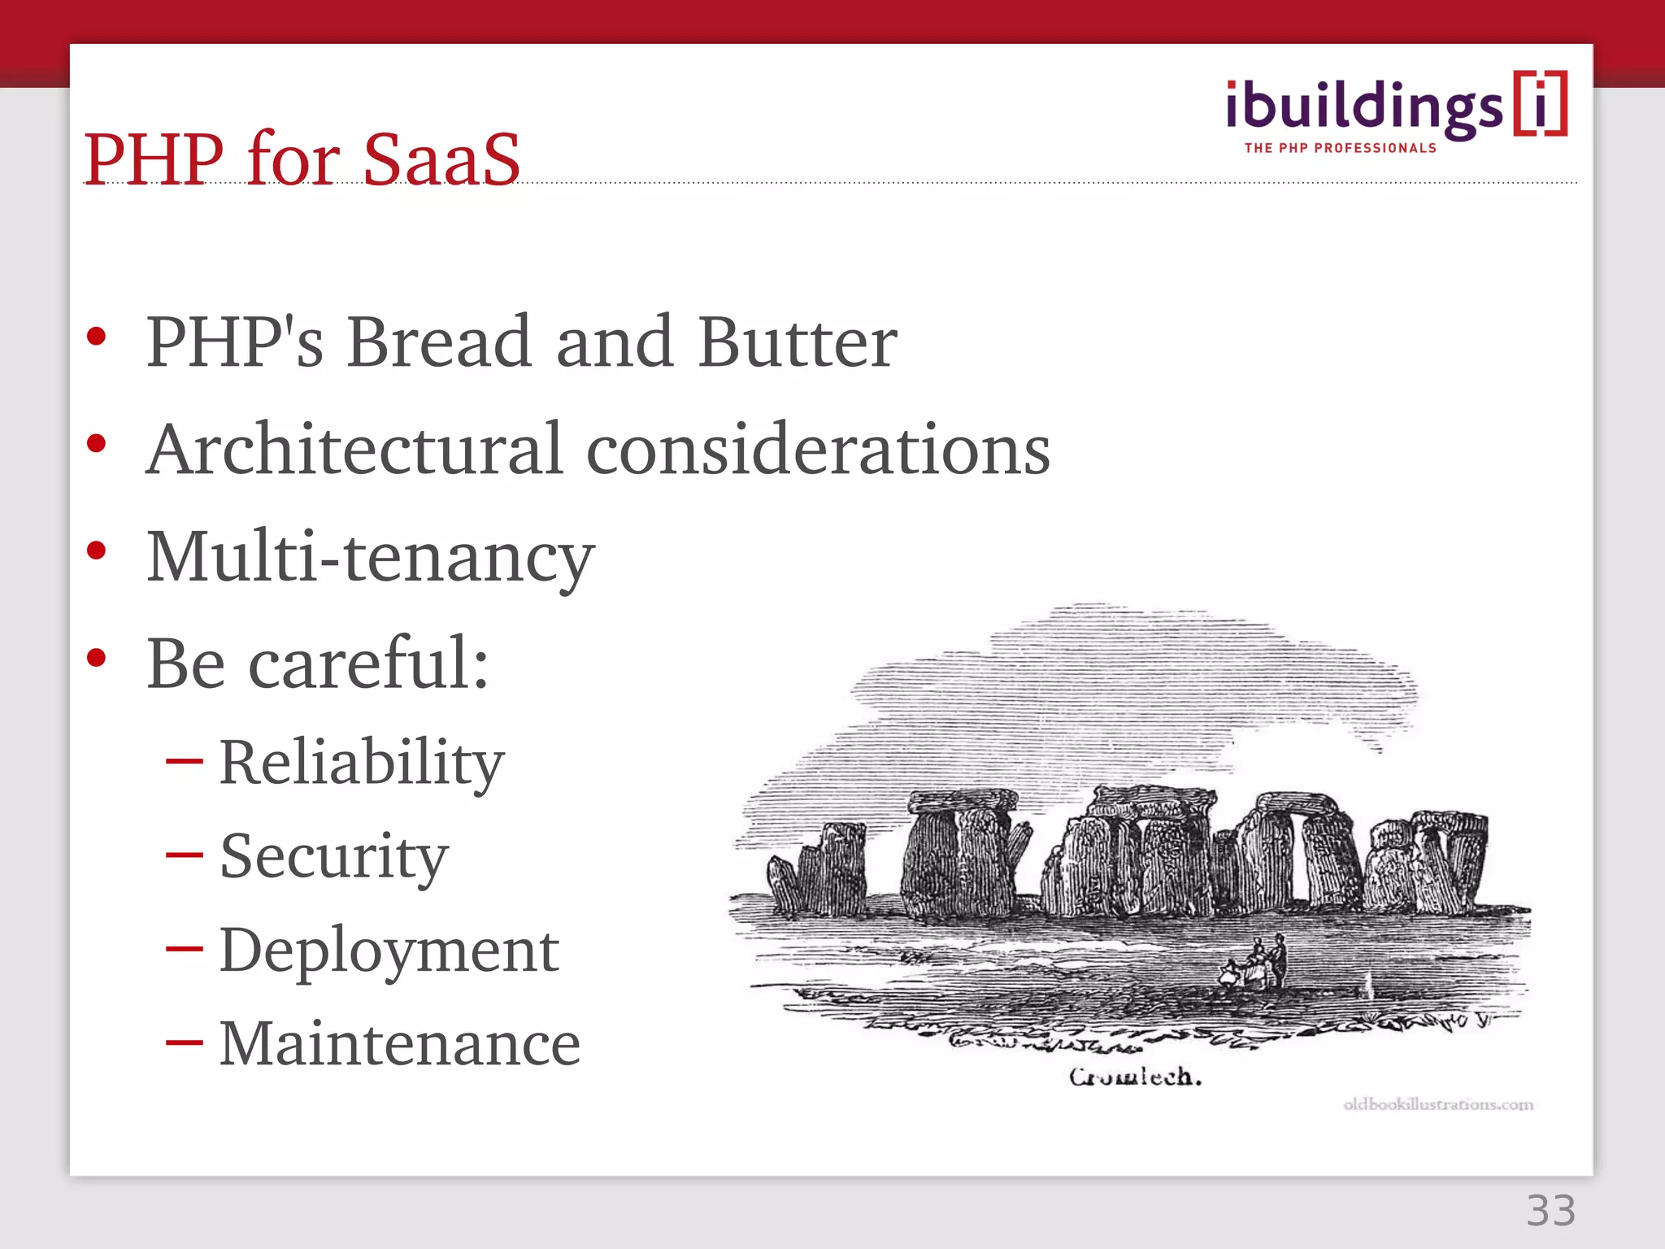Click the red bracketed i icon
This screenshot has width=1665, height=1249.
pyautogui.click(x=1540, y=103)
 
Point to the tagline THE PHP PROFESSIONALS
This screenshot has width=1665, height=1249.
pyautogui.click(x=1341, y=148)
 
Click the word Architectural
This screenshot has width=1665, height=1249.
pyautogui.click(x=355, y=449)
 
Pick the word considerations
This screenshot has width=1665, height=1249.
pyautogui.click(x=818, y=450)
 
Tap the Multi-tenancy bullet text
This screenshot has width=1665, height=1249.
pyautogui.click(x=371, y=558)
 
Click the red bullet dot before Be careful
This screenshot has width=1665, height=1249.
pyautogui.click(x=97, y=657)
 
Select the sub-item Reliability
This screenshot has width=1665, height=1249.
pyautogui.click(x=362, y=763)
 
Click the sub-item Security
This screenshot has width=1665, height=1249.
pyautogui.click(x=333, y=856)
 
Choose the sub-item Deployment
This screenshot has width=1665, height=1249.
pyautogui.click(x=389, y=950)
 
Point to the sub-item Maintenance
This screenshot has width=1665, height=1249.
pyautogui.click(x=399, y=1043)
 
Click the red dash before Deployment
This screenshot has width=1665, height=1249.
pyautogui.click(x=184, y=948)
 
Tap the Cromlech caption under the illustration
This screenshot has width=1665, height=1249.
pyautogui.click(x=1135, y=1077)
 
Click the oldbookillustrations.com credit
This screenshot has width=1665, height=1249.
pyautogui.click(x=1437, y=1104)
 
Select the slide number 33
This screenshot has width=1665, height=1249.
pyautogui.click(x=1550, y=1211)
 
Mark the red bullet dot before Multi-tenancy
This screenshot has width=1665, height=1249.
pyautogui.click(x=97, y=551)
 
